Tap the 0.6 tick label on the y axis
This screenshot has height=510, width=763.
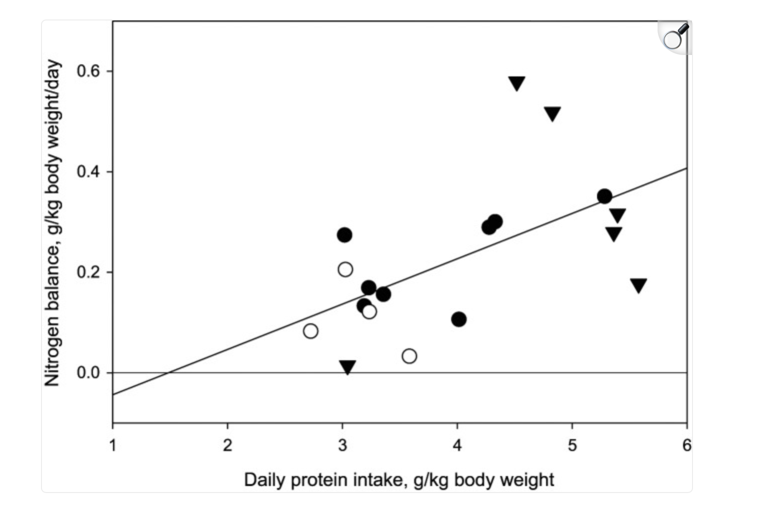pyautogui.click(x=88, y=71)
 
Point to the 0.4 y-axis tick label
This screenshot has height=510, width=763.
pyautogui.click(x=88, y=172)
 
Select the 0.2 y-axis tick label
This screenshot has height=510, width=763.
pyautogui.click(x=88, y=272)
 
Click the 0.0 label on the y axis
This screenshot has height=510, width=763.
pyautogui.click(x=88, y=373)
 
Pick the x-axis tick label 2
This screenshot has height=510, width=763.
pyautogui.click(x=227, y=445)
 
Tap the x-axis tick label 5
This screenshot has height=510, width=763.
pyautogui.click(x=572, y=445)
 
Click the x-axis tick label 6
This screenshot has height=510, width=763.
pyautogui.click(x=686, y=445)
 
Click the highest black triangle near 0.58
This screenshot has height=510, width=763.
pyautogui.click(x=516, y=83)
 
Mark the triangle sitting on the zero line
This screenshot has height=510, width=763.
pyautogui.click(x=347, y=367)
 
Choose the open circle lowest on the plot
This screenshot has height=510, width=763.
pyautogui.click(x=409, y=356)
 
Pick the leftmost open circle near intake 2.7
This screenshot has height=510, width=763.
pyautogui.click(x=310, y=331)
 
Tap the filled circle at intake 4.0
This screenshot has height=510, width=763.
pyautogui.click(x=458, y=319)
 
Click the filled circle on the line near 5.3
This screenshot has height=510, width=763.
pyautogui.click(x=604, y=196)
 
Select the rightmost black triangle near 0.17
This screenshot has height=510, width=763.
pyautogui.click(x=638, y=285)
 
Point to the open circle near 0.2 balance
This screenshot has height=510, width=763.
pyautogui.click(x=345, y=270)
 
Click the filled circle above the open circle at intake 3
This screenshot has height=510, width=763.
pyautogui.click(x=344, y=235)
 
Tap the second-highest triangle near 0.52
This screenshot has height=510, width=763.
pyautogui.click(x=552, y=113)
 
